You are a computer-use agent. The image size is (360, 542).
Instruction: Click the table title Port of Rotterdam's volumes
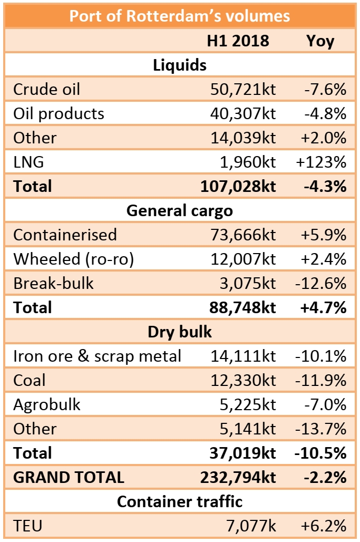pos(180,15)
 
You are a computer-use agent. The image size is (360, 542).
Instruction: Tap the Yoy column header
pos(320,41)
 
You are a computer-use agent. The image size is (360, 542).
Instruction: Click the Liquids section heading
pos(180,65)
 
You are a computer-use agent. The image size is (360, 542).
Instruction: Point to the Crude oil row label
pos(47,89)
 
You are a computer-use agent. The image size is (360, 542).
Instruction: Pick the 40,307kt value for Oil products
pos(242,113)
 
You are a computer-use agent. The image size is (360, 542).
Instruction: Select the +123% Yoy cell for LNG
pos(320,162)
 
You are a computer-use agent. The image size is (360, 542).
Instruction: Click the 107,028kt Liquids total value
pos(238,186)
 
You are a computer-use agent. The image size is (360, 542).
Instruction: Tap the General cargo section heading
pos(180,210)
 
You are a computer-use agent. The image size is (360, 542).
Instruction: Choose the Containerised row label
pos(65,235)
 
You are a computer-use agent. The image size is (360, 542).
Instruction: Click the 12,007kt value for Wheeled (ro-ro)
pos(242,259)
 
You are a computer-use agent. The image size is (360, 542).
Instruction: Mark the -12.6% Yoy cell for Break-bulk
pos(320,283)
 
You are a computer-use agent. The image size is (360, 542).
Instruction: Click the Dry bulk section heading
pos(180,332)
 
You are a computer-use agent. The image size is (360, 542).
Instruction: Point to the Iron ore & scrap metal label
pos(97,356)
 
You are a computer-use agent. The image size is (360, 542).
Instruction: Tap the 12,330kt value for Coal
pos(242,380)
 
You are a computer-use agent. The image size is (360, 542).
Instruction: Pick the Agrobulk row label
pos(47,404)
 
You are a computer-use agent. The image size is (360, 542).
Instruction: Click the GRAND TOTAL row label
pos(69,477)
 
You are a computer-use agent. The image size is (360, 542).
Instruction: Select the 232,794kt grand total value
pos(238,477)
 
